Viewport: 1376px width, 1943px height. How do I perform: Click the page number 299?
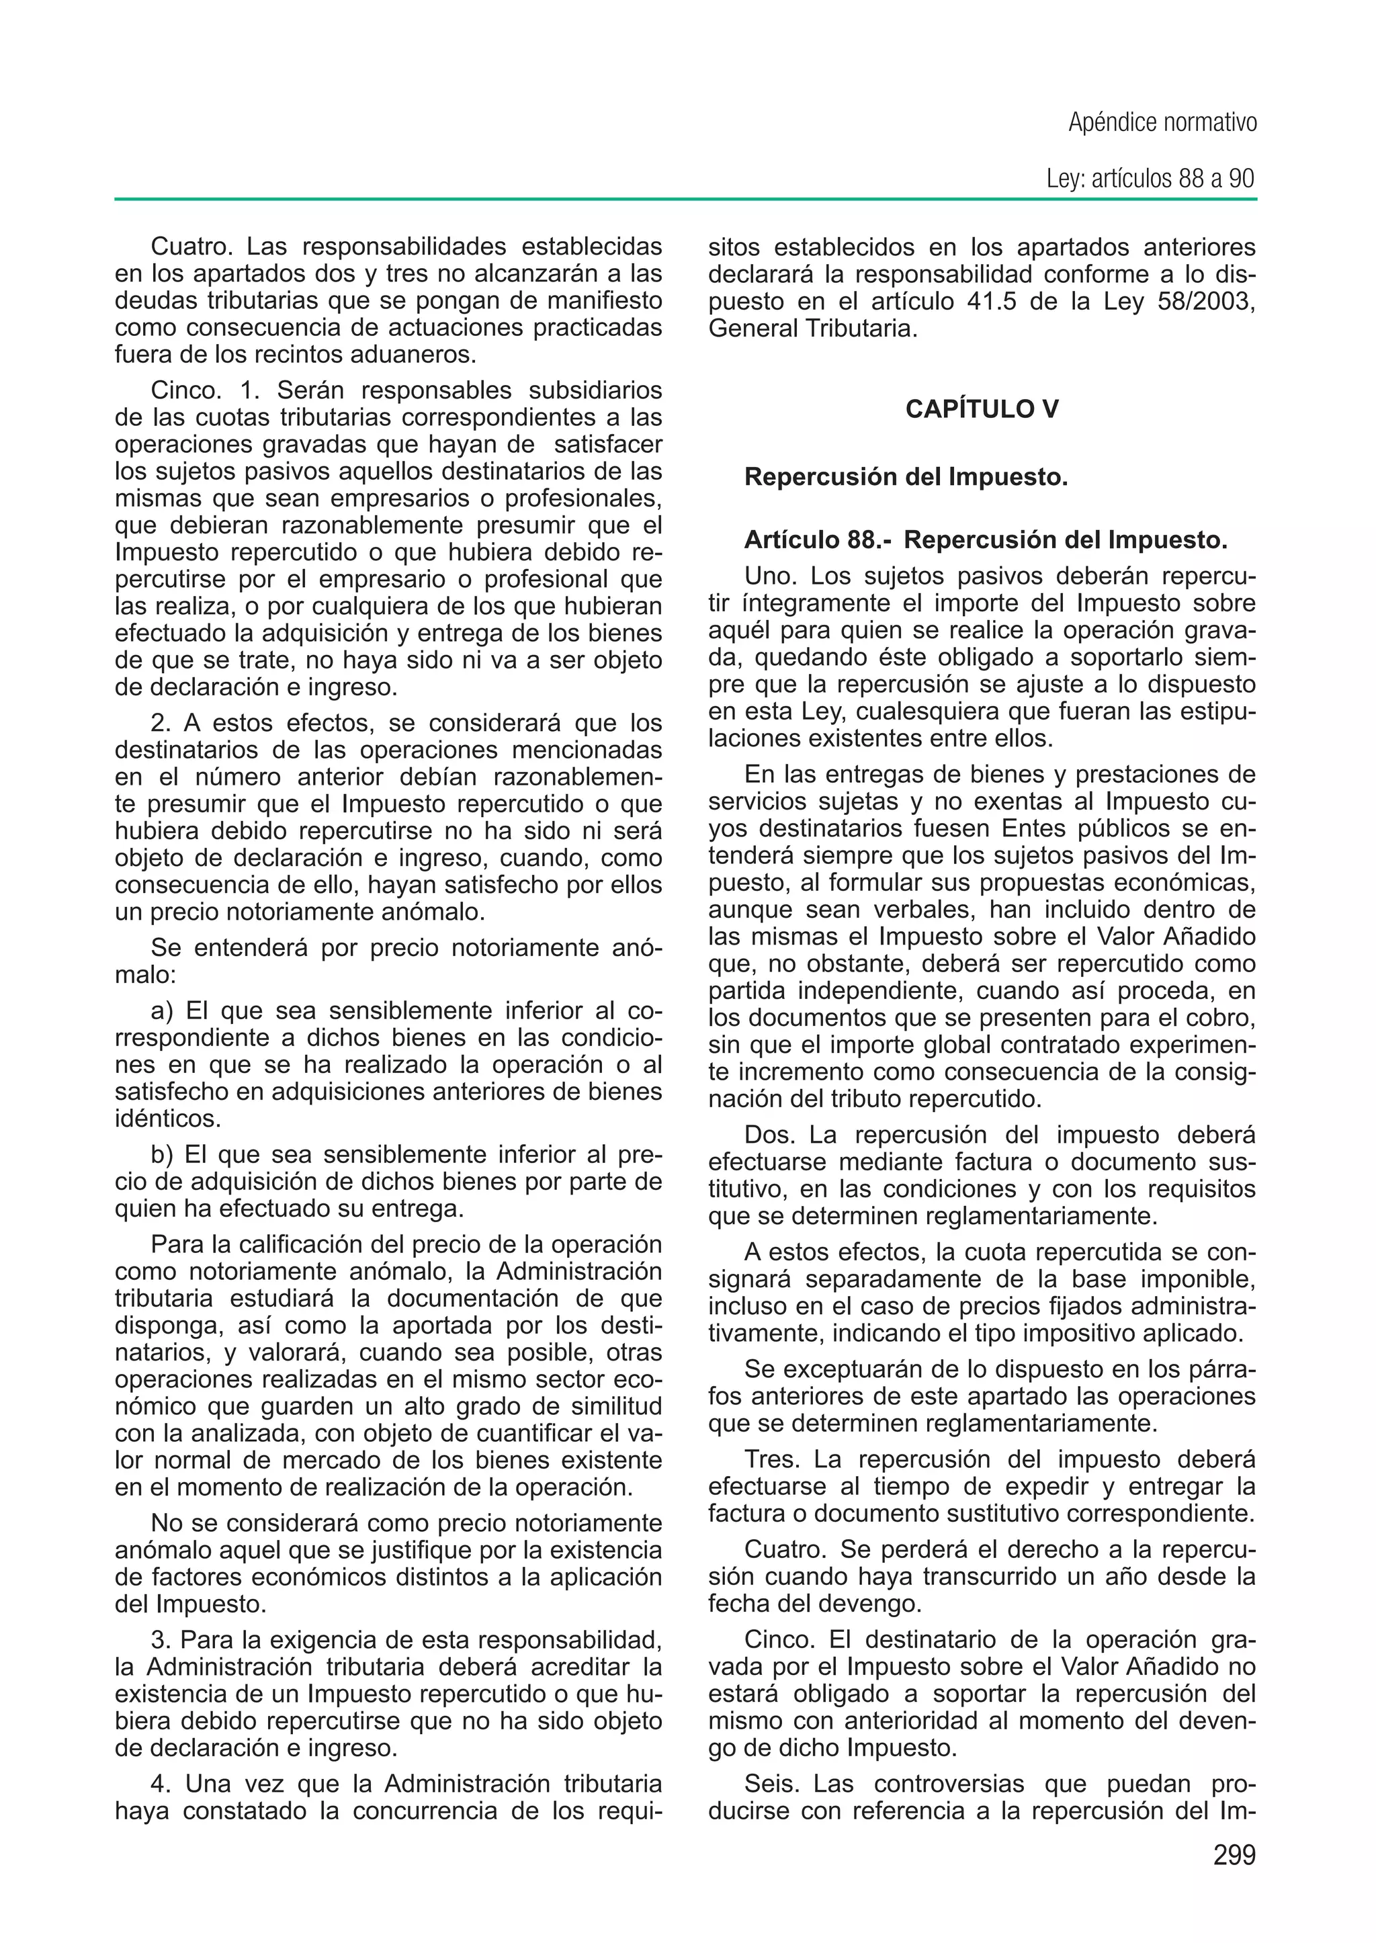[x=1234, y=1855]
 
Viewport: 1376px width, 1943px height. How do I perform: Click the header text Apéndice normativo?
[x=1162, y=124]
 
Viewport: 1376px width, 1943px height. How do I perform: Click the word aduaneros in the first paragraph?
[x=406, y=355]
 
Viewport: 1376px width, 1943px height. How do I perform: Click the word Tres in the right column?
[x=771, y=1460]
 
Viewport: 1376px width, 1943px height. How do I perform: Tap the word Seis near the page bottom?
[x=772, y=1784]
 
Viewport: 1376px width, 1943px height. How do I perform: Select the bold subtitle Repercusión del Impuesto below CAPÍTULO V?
[x=906, y=478]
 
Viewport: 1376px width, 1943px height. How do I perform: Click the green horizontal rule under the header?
[x=685, y=200]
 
